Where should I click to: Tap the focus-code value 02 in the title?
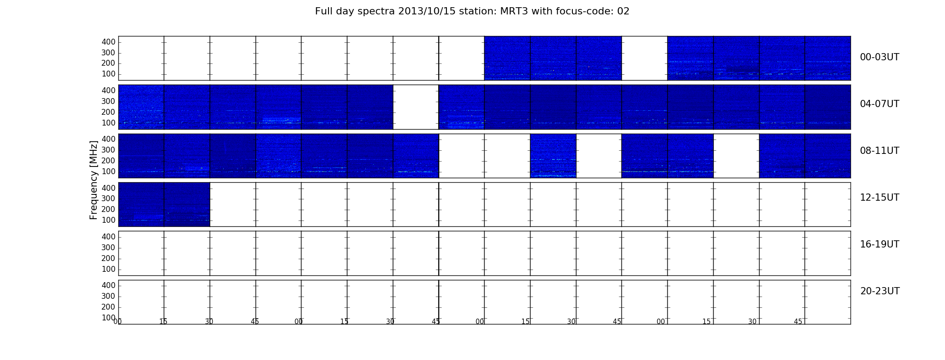(x=623, y=11)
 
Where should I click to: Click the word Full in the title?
(x=323, y=11)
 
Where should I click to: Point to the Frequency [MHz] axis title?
(x=94, y=180)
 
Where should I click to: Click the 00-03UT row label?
(x=880, y=57)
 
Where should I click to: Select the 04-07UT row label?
(x=880, y=104)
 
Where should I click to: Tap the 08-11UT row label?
(x=880, y=151)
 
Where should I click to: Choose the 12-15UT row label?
(x=880, y=198)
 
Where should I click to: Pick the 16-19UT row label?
(x=880, y=244)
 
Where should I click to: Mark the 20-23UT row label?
(x=880, y=291)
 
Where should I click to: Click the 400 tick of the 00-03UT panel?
(x=108, y=42)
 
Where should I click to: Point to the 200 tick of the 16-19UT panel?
(x=108, y=258)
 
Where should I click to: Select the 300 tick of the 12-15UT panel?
(x=108, y=198)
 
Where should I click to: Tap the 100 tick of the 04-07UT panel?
(x=108, y=123)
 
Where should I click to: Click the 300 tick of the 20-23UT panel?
(x=108, y=296)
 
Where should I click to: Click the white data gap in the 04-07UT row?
(x=416, y=107)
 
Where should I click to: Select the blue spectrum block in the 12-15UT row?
(x=164, y=204)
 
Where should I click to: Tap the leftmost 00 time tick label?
(x=117, y=322)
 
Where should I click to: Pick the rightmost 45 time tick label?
(x=798, y=322)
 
